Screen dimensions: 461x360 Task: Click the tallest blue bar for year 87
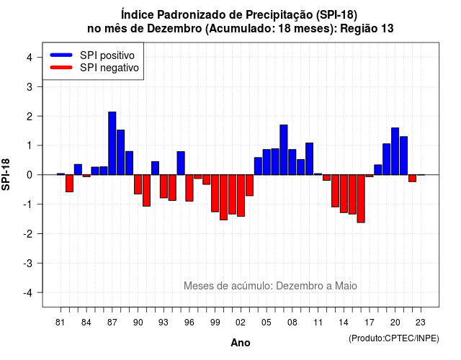click(x=112, y=143)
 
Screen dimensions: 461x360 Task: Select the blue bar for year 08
click(x=292, y=162)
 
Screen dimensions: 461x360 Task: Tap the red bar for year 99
click(x=215, y=193)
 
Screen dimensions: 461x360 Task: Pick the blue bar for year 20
click(x=395, y=151)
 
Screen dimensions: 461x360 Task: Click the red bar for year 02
click(x=241, y=195)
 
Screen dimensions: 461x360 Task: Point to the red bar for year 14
click(x=344, y=194)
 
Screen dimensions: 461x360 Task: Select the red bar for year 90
click(x=138, y=184)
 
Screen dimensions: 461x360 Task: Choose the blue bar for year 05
click(x=267, y=162)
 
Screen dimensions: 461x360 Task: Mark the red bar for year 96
click(x=189, y=188)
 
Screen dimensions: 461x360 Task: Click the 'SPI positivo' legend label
click(x=107, y=55)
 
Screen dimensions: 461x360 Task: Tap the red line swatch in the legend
click(x=61, y=67)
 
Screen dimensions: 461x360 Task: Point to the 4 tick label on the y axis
click(x=30, y=57)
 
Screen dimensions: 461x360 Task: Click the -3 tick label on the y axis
click(x=28, y=263)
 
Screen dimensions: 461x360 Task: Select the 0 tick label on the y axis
click(x=30, y=175)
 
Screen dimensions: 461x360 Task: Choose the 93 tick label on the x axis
click(x=164, y=323)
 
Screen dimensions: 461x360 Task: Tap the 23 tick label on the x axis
click(x=421, y=323)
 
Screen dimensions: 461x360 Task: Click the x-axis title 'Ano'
click(x=241, y=343)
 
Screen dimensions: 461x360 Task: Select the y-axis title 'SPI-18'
click(x=6, y=174)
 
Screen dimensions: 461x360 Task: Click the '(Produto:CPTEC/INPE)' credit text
click(x=394, y=338)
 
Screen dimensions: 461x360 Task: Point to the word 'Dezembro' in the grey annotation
click(x=297, y=286)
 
